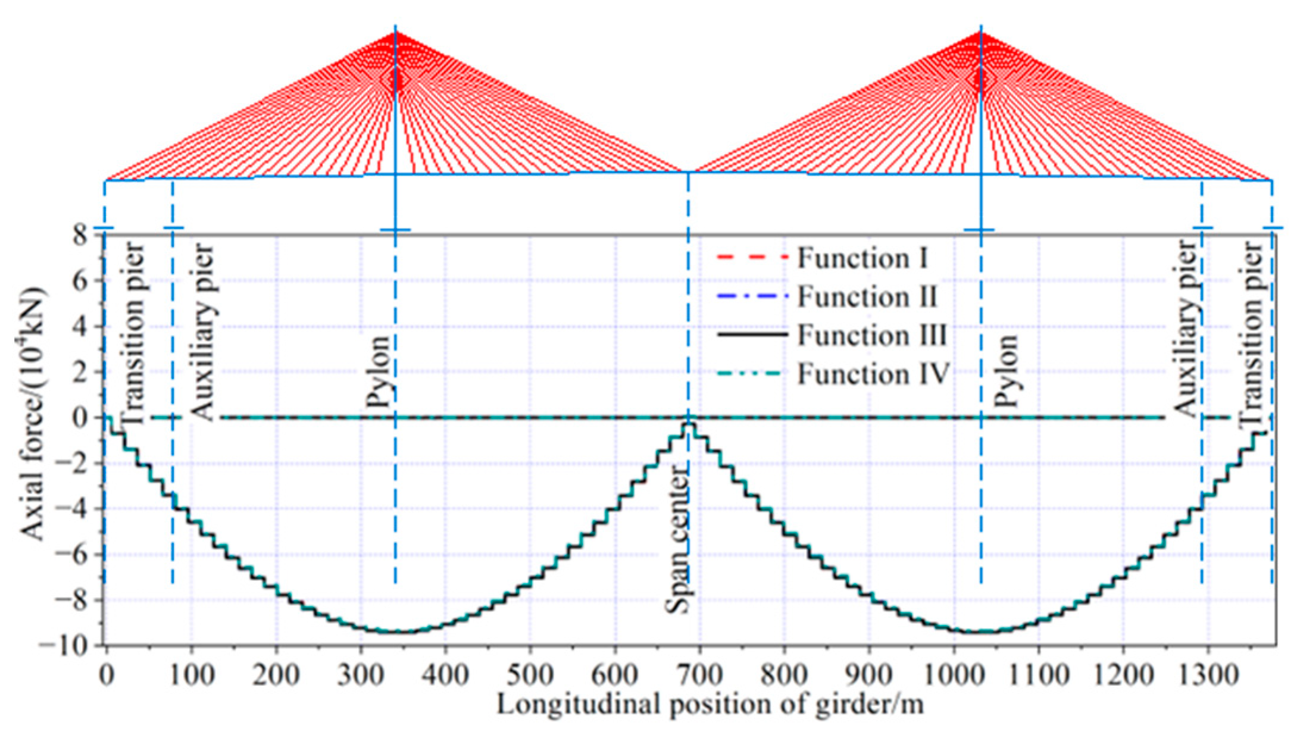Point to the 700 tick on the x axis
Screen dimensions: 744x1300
(699, 676)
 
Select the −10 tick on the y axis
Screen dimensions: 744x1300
(69, 646)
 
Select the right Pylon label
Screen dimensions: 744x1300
(1006, 370)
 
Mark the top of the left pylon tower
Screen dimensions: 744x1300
(395, 31)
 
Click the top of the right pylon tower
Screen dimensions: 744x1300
(981, 31)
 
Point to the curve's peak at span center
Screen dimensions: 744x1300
(689, 423)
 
